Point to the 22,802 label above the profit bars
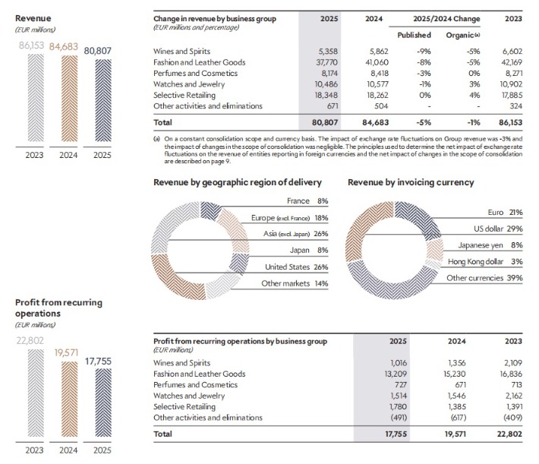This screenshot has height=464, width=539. (29, 340)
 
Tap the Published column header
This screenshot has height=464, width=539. (414, 35)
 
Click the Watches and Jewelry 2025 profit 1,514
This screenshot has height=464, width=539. (399, 396)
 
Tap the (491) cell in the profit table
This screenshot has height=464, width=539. (398, 417)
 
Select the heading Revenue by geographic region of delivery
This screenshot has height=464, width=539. (237, 182)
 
